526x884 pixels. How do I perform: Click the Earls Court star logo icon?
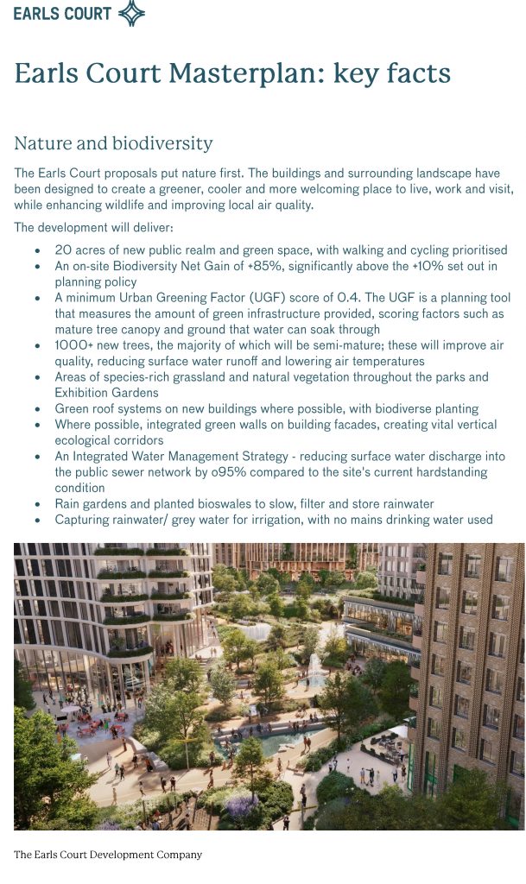[x=130, y=13]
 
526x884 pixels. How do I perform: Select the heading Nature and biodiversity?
[x=113, y=143]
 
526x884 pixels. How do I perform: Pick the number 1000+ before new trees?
[x=74, y=345]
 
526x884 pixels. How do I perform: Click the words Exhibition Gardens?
[x=107, y=393]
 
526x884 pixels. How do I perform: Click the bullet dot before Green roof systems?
[x=37, y=409]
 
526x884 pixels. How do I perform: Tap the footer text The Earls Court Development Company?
[x=108, y=855]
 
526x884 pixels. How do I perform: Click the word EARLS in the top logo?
[x=37, y=13]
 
